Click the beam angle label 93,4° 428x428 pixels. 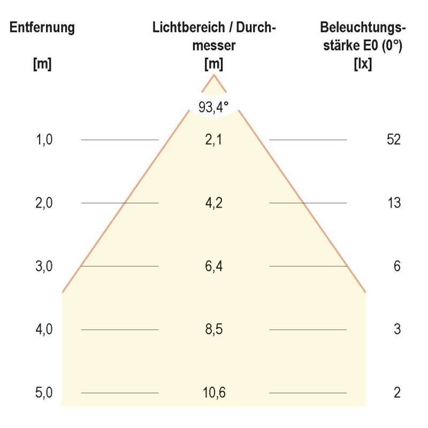(213, 107)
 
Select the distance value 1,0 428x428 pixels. (44, 140)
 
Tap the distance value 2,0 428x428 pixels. (44, 203)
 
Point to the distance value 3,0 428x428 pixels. (44, 266)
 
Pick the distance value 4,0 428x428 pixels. (44, 329)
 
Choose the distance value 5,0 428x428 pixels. (44, 393)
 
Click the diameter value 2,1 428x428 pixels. (214, 140)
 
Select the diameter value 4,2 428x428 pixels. (214, 203)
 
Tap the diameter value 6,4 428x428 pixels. (214, 266)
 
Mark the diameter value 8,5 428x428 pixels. (214, 329)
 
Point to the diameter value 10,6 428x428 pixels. (214, 393)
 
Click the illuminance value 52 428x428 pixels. (393, 140)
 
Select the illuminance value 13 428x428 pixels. (393, 203)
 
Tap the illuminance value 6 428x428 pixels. (397, 266)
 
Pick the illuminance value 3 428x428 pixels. (397, 329)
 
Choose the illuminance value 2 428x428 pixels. (397, 393)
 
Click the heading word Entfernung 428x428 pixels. (42, 28)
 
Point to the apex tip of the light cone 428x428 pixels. (214, 75)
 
